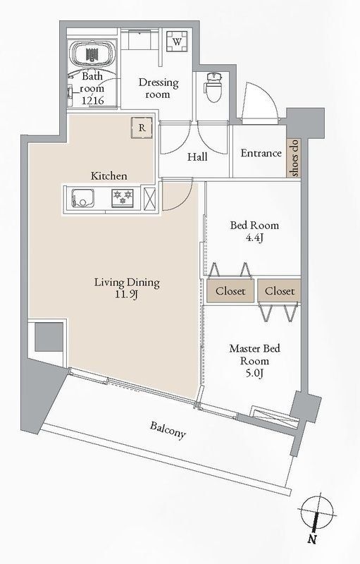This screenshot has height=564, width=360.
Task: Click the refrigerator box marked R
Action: coord(142,128)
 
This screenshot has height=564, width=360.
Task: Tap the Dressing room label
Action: coord(158,88)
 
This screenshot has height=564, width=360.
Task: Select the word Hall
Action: coord(197,157)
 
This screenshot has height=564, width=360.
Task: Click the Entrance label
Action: coord(261,153)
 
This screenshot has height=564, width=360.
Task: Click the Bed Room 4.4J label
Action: coord(254,231)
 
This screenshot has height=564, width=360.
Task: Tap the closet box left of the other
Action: coord(230,290)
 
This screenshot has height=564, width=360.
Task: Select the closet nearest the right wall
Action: coord(280,290)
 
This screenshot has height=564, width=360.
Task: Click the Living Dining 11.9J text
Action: coord(128,289)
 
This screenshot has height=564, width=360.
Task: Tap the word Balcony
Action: coord(168,429)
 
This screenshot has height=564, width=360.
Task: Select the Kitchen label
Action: coord(108,175)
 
